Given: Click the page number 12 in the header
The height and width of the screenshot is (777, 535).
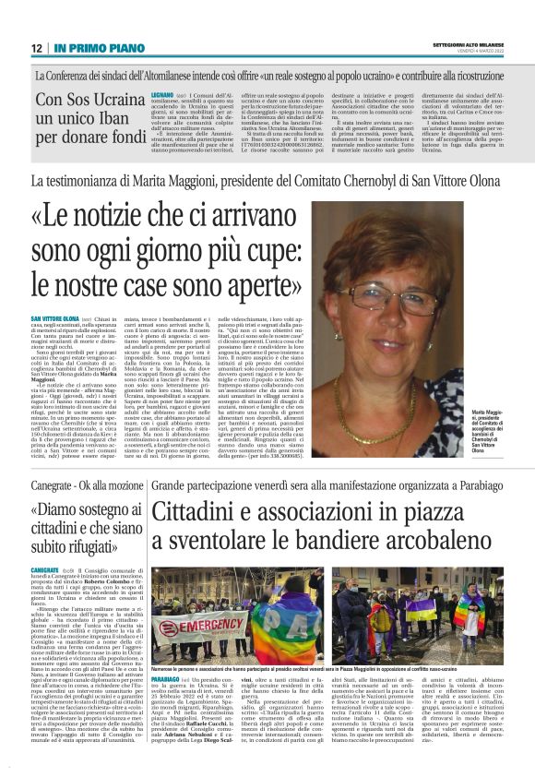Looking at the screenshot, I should (x=36, y=48).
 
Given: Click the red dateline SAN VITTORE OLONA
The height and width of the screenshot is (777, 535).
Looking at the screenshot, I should (x=52, y=318).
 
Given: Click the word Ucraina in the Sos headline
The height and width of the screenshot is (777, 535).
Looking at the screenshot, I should (x=113, y=97).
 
